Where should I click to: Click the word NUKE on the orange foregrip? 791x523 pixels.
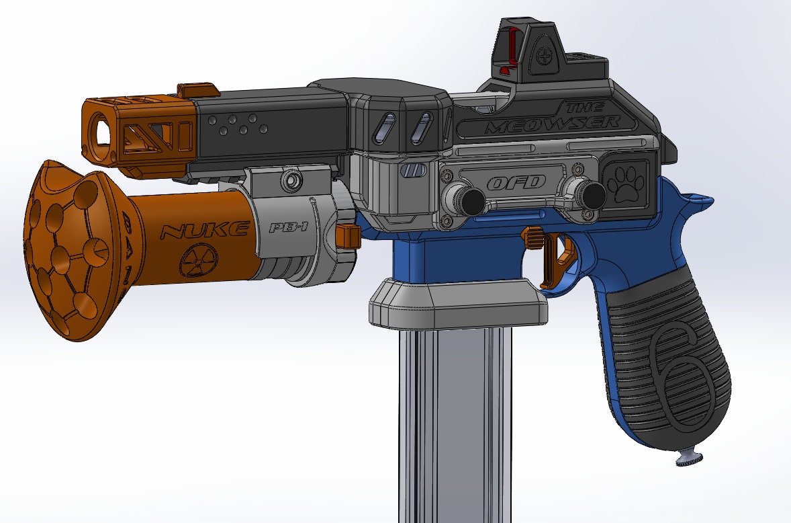coord(203,232)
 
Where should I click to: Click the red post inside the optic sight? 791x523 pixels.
coord(513,46)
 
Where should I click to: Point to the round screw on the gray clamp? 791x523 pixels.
coord(291,180)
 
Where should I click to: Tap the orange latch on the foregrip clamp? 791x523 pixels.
coord(347,235)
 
